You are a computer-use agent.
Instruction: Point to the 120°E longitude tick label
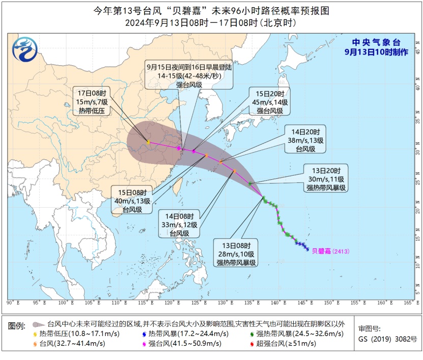(176, 302)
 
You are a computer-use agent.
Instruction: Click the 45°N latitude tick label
(416, 51)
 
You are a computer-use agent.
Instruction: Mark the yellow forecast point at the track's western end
(148, 143)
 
